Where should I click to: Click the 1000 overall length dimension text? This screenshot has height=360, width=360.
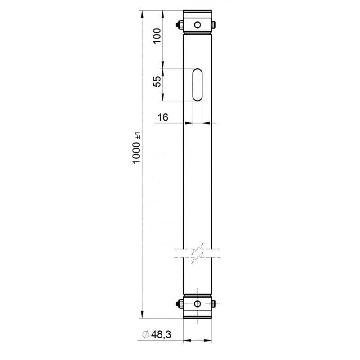point(136,152)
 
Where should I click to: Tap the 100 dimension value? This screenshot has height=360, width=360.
point(157,36)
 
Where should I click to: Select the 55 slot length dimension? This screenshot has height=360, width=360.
point(157,81)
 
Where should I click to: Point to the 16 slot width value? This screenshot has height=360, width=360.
point(163,117)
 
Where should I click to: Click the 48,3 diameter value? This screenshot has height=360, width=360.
point(161,334)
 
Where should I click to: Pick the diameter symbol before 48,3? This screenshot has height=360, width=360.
point(146,334)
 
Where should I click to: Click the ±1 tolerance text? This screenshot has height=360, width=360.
point(138,136)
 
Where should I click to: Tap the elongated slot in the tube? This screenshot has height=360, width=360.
point(198,85)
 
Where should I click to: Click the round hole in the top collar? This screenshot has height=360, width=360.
point(198,25)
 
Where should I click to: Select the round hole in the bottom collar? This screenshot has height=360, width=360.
point(198,304)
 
